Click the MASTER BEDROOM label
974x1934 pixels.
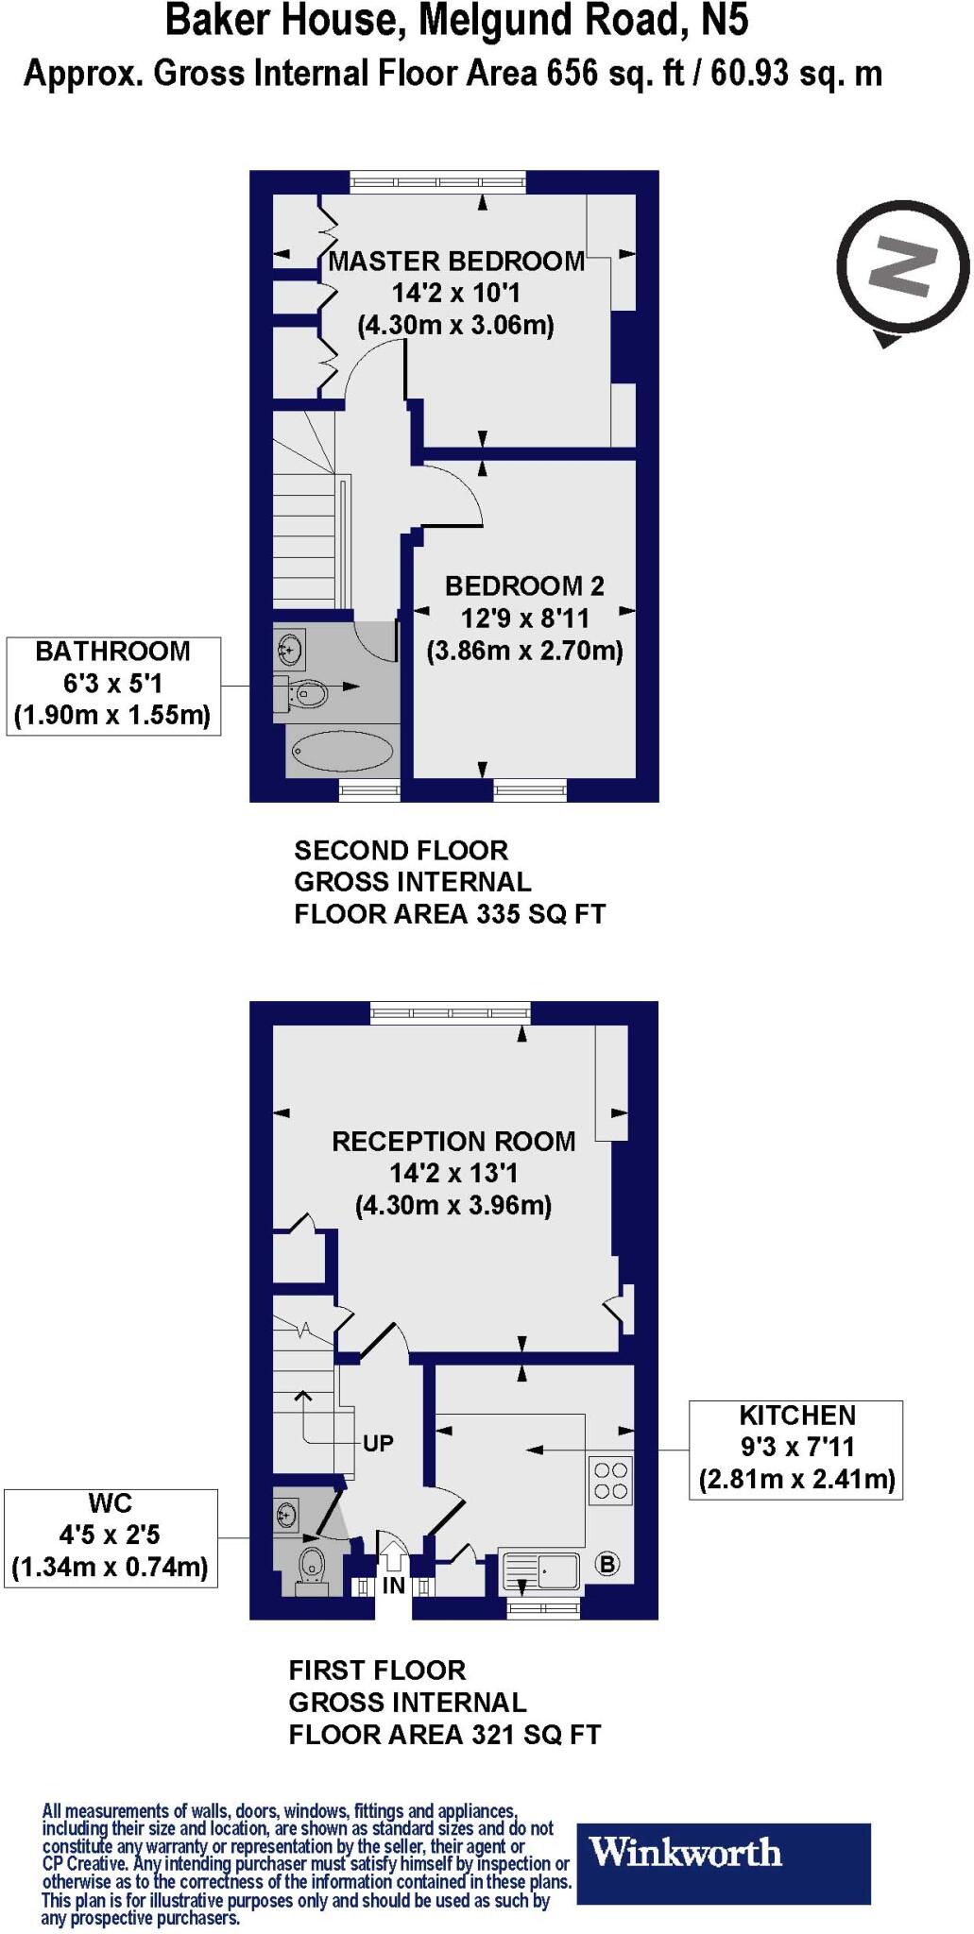pos(456,262)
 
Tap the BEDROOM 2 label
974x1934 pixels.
pos(524,586)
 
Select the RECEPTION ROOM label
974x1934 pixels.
pos(453,1141)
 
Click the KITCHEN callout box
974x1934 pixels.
pos(795,1449)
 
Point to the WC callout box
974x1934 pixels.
pos(111,1537)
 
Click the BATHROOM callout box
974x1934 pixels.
pos(113,685)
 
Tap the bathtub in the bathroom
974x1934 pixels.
pos(342,753)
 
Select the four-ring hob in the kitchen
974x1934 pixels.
pos(610,1480)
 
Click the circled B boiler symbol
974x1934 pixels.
pos(607,1564)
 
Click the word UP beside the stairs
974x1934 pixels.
pos(378,1444)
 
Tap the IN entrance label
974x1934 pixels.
pos(393,1586)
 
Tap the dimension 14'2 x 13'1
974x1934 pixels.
pos(453,1174)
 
